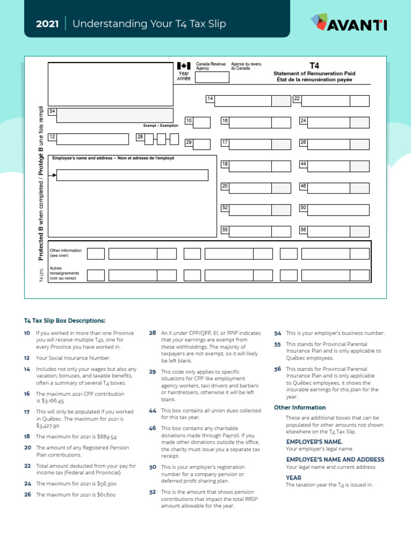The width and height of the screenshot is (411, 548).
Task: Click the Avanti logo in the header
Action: point(348,23)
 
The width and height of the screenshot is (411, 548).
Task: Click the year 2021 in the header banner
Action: point(47,24)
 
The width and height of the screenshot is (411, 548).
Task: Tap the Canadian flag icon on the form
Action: point(184,66)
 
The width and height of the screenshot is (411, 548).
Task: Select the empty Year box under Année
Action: point(212,77)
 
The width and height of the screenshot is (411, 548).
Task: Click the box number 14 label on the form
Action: point(210,99)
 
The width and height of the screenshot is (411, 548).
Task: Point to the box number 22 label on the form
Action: point(297,99)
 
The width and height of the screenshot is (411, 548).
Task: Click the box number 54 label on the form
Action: point(52,111)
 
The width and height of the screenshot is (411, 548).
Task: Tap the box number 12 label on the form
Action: point(52,137)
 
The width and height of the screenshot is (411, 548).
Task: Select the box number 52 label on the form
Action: point(225,207)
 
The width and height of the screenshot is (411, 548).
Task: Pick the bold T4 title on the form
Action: point(314,65)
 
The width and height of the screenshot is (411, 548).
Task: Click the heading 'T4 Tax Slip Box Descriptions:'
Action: point(64,321)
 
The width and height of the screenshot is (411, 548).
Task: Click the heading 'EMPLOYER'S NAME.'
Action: point(314,442)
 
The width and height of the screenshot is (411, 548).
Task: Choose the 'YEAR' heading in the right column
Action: point(293,477)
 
